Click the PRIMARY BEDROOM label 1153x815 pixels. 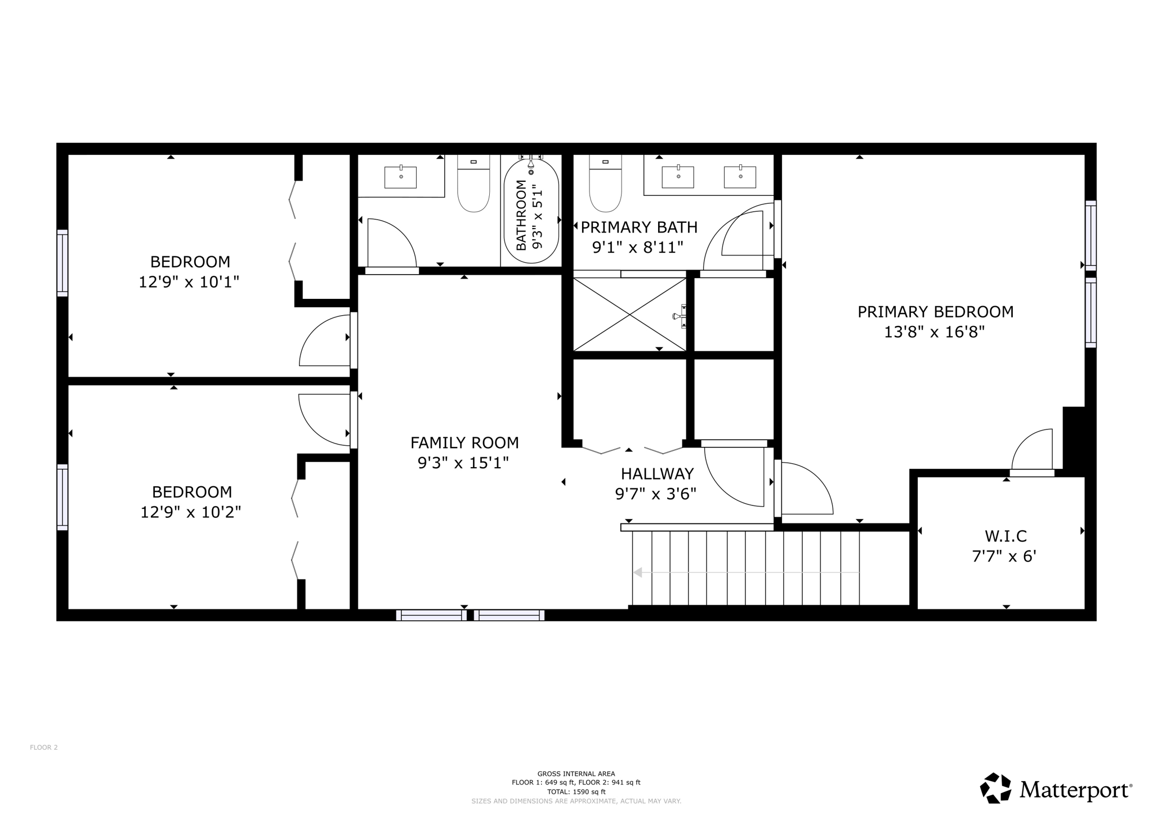pos(935,312)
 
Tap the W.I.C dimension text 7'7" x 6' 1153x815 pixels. pos(1004,556)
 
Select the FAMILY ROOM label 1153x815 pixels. pos(464,443)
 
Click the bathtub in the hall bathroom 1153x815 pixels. pos(531,211)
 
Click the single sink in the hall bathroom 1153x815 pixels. pos(400,177)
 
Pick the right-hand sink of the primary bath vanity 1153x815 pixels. pos(740,177)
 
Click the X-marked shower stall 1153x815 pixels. pos(629,314)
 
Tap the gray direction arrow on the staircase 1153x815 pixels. pos(638,572)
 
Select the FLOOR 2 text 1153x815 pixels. pos(44,747)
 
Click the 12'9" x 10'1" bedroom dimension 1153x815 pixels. pos(189,282)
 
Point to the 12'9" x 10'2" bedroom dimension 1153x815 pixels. pos(191,512)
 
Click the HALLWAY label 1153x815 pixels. pos(657,473)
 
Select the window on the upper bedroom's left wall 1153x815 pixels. pos(62,263)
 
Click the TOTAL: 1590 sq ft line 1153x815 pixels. pos(576,791)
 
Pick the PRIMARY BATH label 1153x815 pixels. pos(639,227)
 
